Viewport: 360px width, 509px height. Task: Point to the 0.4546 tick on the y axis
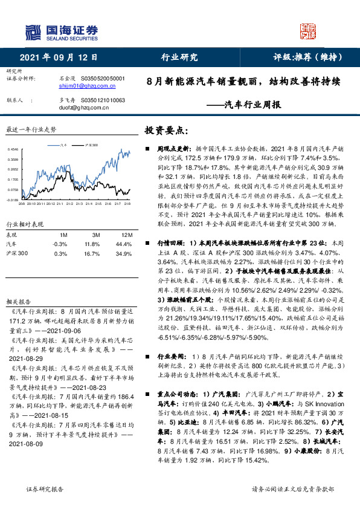(13, 149)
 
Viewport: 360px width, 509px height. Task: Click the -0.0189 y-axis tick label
(13, 199)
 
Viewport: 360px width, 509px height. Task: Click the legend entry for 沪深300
(92, 145)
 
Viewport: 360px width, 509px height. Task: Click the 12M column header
(127, 234)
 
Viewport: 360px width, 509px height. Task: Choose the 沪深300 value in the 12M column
(127, 253)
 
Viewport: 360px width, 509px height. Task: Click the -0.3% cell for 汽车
(60, 243)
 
